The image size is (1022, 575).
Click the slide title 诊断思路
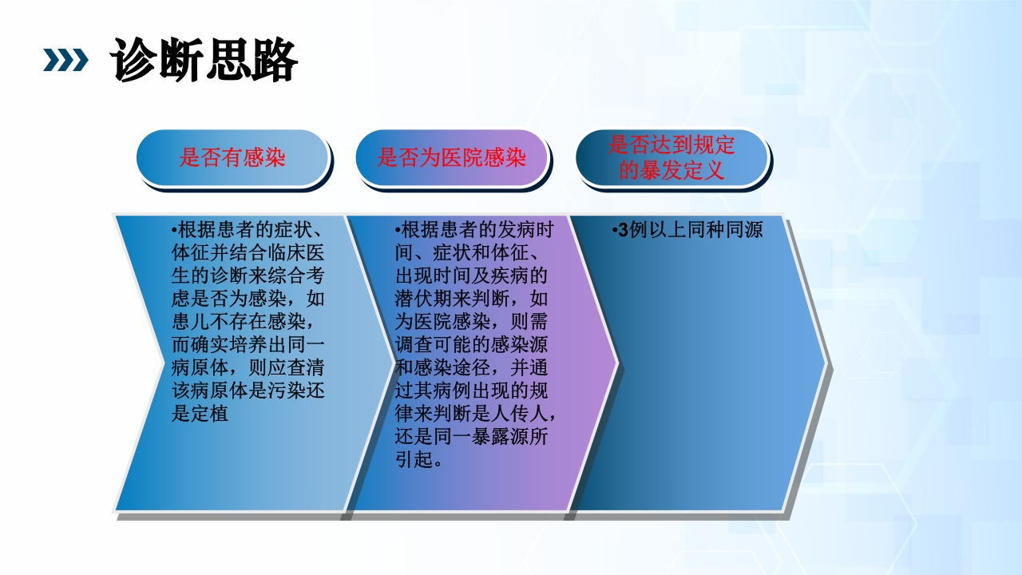pos(205,59)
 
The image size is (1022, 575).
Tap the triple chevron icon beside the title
pos(65,60)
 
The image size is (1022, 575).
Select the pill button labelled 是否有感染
pos(232,157)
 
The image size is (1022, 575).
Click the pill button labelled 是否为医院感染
pos(452,157)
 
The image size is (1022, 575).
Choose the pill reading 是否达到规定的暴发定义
pos(671,157)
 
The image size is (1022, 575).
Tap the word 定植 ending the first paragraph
pos(209,414)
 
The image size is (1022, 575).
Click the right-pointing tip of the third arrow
pos(826,363)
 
